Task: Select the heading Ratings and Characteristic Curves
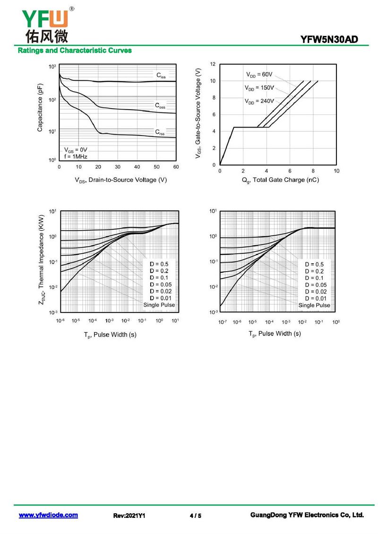(75, 51)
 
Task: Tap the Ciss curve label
(161, 76)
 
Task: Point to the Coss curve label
(160, 106)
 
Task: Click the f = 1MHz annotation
(76, 156)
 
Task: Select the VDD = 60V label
(259, 75)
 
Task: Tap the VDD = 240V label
(259, 101)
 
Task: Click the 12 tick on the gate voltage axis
(213, 64)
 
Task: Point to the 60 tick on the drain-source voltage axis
(176, 167)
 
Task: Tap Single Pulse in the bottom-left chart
(159, 305)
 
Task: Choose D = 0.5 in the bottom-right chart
(314, 265)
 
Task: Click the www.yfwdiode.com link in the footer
(48, 515)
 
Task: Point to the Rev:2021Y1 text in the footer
(129, 516)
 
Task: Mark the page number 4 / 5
(195, 516)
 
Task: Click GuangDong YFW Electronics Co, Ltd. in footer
(307, 515)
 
